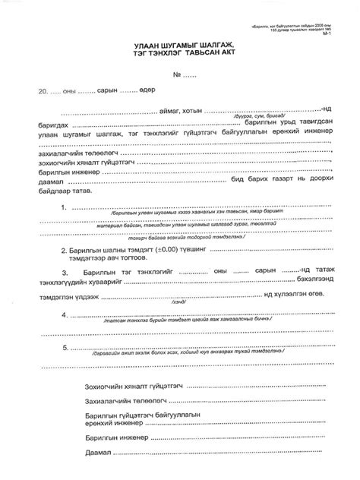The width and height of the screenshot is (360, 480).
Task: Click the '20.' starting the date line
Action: (x=33, y=91)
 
